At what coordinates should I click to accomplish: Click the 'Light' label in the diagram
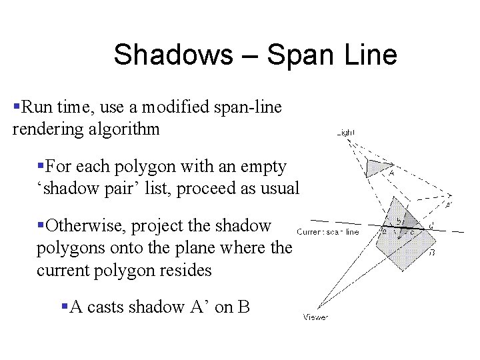(347, 133)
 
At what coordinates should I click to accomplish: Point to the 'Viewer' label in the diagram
(315, 317)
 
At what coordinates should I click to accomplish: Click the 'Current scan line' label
(328, 232)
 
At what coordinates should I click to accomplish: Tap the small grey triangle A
(378, 167)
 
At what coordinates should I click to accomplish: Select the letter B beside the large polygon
(432, 253)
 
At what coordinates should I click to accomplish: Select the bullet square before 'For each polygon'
(41, 165)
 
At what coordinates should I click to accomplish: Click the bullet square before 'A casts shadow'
(65, 306)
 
